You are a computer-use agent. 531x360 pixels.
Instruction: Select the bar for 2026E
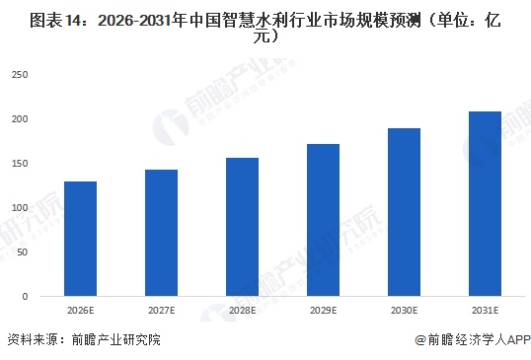pyautogui.click(x=81, y=239)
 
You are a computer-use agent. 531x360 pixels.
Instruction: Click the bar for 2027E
pyautogui.click(x=162, y=233)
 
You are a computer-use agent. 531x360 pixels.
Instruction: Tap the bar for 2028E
pyautogui.click(x=243, y=227)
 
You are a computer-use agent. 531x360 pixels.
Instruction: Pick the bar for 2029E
pyautogui.click(x=323, y=220)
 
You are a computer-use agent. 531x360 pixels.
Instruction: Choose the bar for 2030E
pyautogui.click(x=404, y=212)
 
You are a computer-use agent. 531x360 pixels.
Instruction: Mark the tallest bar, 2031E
pyautogui.click(x=485, y=204)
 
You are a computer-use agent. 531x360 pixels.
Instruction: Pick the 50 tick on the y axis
pyautogui.click(x=22, y=252)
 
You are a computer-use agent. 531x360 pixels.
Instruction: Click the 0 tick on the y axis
pyautogui.click(x=25, y=297)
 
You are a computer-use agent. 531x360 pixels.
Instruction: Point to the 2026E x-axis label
pyautogui.click(x=81, y=311)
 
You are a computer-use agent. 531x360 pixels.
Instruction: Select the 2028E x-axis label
pyautogui.click(x=243, y=311)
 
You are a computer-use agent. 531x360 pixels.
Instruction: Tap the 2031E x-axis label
pyautogui.click(x=485, y=311)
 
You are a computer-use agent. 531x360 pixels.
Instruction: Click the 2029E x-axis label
pyautogui.click(x=323, y=311)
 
